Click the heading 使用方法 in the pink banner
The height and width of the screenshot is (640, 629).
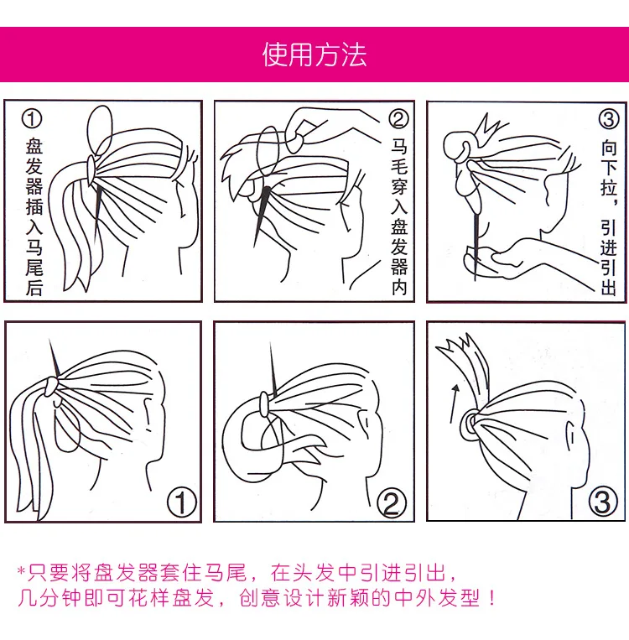(314, 55)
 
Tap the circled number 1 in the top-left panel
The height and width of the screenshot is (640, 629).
(31, 119)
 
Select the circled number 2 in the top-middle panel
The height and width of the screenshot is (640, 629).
(398, 119)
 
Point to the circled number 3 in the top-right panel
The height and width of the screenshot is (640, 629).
(609, 119)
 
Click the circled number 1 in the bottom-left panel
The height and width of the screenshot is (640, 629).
(182, 502)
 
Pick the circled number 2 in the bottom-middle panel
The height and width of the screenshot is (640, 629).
(392, 503)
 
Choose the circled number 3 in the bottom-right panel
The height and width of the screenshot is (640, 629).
(603, 502)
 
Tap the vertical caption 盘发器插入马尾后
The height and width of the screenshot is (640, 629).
(34, 216)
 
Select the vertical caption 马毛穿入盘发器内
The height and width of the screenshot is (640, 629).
(399, 216)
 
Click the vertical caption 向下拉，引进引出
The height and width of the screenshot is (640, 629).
(609, 216)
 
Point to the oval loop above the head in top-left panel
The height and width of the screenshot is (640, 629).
(99, 130)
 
